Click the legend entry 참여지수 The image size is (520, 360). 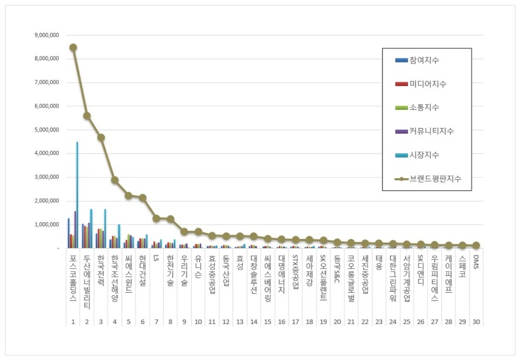coord(424,60)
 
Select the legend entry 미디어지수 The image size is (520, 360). coord(428,84)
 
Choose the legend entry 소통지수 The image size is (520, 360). coord(424,108)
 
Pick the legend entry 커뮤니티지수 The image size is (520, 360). coord(432,132)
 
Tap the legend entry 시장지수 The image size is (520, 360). coord(424,155)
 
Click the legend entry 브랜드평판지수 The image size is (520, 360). coord(435,179)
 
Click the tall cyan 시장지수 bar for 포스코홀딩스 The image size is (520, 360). coord(77,195)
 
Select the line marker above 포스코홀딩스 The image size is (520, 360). coord(73,48)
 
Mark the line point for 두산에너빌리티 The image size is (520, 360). coord(87,116)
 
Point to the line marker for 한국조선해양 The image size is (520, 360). coord(114,180)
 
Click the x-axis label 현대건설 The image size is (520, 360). coord(142,268)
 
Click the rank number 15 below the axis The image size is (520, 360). coord(267,322)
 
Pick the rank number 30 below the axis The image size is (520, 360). coord(476,322)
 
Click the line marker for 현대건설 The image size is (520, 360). coord(142,198)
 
